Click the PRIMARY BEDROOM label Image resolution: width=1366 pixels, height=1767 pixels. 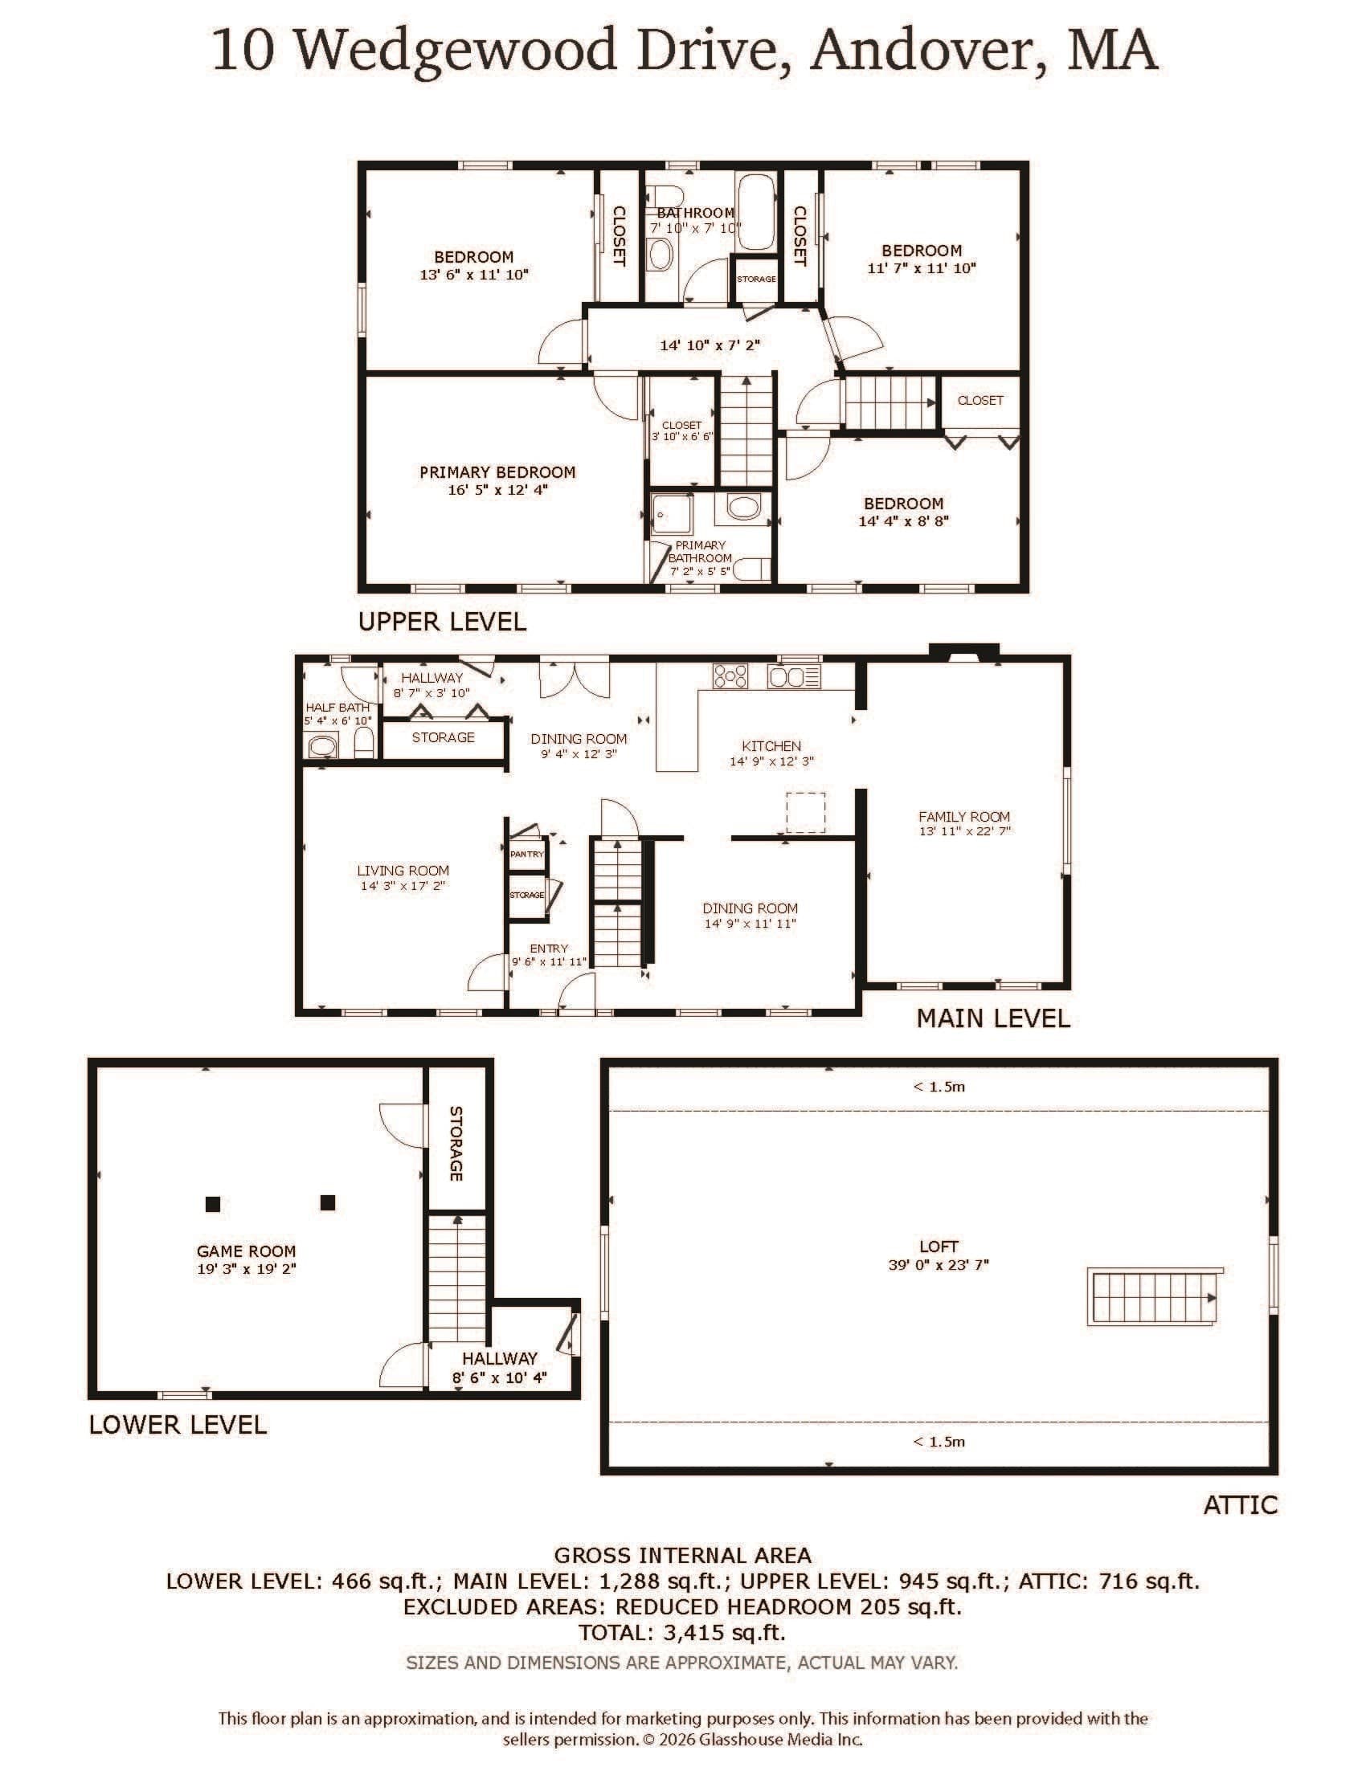pyautogui.click(x=497, y=471)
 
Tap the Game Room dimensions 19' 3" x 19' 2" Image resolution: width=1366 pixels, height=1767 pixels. pyautogui.click(x=246, y=1268)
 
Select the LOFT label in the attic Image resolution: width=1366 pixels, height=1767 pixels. pyautogui.click(x=939, y=1247)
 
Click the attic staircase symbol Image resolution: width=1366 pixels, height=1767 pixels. pyautogui.click(x=1153, y=1296)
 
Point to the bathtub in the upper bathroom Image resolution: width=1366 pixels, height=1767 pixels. pyautogui.click(x=756, y=210)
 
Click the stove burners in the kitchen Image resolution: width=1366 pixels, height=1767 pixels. pyautogui.click(x=730, y=675)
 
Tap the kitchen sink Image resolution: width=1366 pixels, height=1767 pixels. pyautogui.click(x=794, y=675)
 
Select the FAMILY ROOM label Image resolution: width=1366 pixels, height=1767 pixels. pyautogui.click(x=963, y=816)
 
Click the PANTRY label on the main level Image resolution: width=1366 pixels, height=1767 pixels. pyautogui.click(x=527, y=854)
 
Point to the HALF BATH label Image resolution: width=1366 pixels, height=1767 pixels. pyautogui.click(x=337, y=707)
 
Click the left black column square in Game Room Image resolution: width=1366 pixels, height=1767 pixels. pyautogui.click(x=213, y=1204)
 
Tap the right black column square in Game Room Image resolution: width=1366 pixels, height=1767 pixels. pyautogui.click(x=328, y=1202)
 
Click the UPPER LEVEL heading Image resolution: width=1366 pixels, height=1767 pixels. pyautogui.click(x=442, y=622)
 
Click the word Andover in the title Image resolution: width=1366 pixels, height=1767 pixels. pyautogui.click(x=922, y=50)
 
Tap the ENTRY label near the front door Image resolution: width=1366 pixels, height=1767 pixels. pyautogui.click(x=549, y=949)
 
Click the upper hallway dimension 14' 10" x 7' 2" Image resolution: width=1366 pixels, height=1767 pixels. pyautogui.click(x=710, y=345)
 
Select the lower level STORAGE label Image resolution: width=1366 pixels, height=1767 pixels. pyautogui.click(x=456, y=1143)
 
